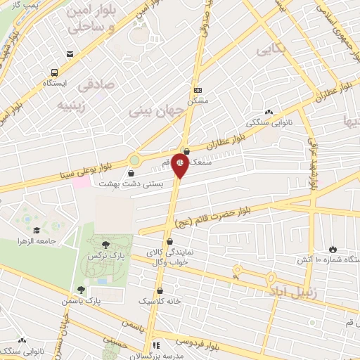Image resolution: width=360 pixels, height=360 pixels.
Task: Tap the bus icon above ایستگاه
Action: pos(54,71)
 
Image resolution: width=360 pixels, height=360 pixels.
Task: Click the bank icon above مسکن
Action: pos(197,90)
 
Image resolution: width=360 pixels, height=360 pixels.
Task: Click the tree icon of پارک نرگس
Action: pos(105,244)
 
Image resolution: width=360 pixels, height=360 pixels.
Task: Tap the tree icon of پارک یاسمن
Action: pos(82,289)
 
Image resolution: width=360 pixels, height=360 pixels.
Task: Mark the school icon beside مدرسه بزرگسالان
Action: pos(156,345)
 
